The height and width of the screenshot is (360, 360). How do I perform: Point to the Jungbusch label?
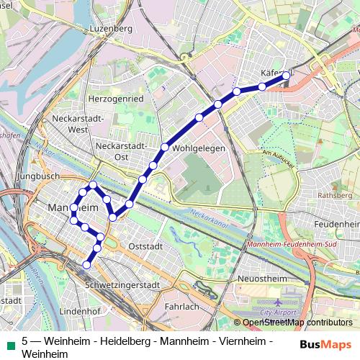(x=41, y=175)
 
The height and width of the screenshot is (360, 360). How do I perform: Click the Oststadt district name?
(x=145, y=246)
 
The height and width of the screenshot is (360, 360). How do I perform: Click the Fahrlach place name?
(x=181, y=306)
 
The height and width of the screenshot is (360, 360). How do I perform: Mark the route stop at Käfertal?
(x=287, y=75)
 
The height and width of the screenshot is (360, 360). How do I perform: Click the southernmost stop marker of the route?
(x=87, y=264)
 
